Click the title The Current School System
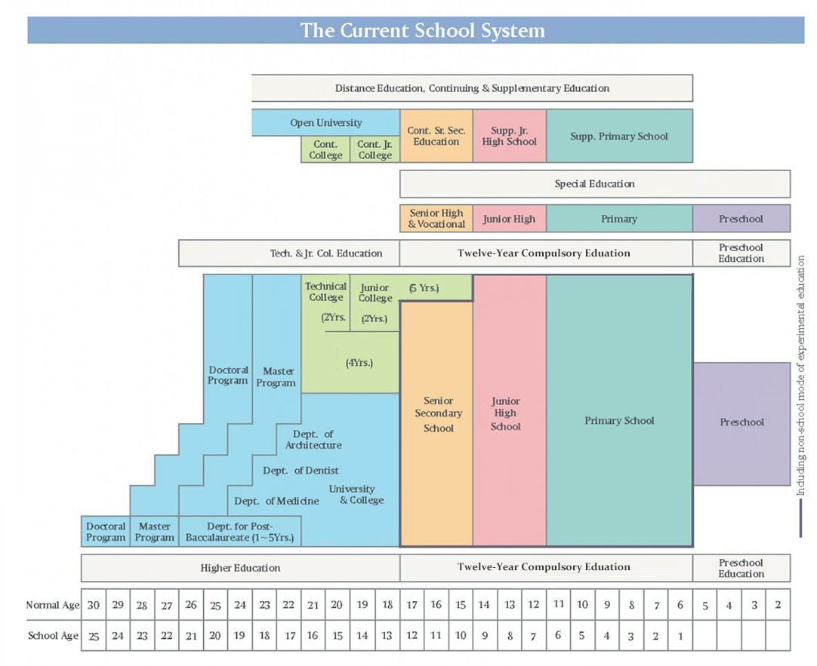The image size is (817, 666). pyautogui.click(x=422, y=30)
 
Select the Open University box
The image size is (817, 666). pyautogui.click(x=325, y=123)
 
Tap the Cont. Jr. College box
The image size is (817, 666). pyautogui.click(x=375, y=149)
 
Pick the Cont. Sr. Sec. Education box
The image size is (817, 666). pyautogui.click(x=436, y=136)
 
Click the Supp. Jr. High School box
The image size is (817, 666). pyautogui.click(x=509, y=136)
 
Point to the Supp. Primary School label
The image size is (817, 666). pyautogui.click(x=619, y=137)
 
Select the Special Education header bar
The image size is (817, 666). pyautogui.click(x=594, y=184)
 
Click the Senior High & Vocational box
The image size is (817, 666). pyautogui.click(x=436, y=219)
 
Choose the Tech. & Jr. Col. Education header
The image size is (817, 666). pyautogui.click(x=326, y=253)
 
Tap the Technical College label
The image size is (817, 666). pyautogui.click(x=325, y=292)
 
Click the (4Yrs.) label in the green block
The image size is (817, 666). pyautogui.click(x=359, y=363)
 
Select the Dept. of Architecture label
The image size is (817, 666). pyautogui.click(x=313, y=440)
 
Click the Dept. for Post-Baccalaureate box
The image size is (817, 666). pyautogui.click(x=239, y=532)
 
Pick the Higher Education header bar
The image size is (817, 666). pyautogui.click(x=240, y=568)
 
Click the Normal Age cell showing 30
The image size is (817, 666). pyautogui.click(x=94, y=605)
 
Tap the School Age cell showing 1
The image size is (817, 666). pyautogui.click(x=680, y=636)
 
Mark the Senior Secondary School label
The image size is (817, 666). pyautogui.click(x=438, y=414)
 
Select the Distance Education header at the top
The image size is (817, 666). pyautogui.click(x=472, y=88)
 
